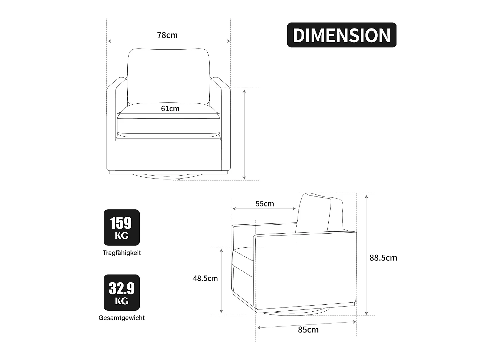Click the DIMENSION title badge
coord(341,35)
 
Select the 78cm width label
coord(167,35)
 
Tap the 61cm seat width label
coord(170,108)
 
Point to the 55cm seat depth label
coord(265,204)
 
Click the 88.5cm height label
coord(383,258)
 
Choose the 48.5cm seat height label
coord(205,278)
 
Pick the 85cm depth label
coord(308,330)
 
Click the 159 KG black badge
coord(122,227)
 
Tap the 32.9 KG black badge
coord(122,292)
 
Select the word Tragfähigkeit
coord(122,253)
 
